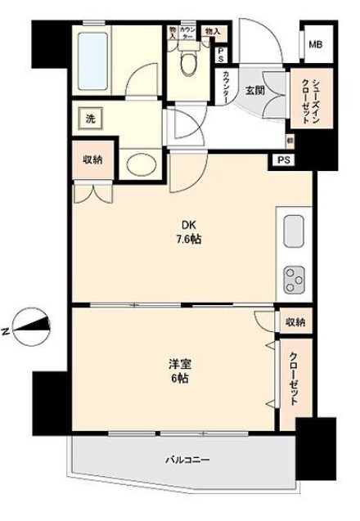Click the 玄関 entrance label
pyautogui.click(x=254, y=91)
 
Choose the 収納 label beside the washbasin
pyautogui.click(x=92, y=159)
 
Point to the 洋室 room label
pyautogui.click(x=181, y=365)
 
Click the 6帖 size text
pyautogui.click(x=181, y=379)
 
